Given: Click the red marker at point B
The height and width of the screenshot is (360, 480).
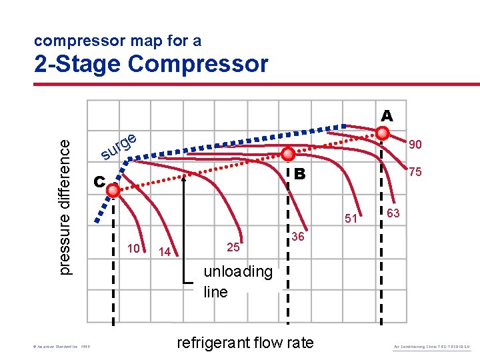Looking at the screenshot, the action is (288, 154).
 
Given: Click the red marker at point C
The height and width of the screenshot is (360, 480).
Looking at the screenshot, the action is (113, 191).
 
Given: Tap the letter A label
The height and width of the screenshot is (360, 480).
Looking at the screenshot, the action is (387, 116).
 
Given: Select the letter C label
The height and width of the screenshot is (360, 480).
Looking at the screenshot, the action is (99, 181).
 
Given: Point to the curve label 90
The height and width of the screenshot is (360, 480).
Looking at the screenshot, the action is (415, 145).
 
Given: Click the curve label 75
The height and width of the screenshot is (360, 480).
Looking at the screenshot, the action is (415, 171).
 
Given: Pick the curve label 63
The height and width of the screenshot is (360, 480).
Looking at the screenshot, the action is (393, 213).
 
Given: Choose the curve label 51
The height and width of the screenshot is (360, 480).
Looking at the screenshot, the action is (351, 218).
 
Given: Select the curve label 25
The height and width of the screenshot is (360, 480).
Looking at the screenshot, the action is (233, 248).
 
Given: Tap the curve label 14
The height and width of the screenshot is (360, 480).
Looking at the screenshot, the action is (165, 252).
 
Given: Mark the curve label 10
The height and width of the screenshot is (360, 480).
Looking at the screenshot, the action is (133, 249).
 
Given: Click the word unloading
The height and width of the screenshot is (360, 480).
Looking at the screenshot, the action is (238, 272).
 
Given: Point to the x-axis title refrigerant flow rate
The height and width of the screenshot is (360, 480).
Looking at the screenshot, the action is (244, 343).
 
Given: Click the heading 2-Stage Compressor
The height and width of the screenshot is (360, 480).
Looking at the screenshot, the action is (151, 64).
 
